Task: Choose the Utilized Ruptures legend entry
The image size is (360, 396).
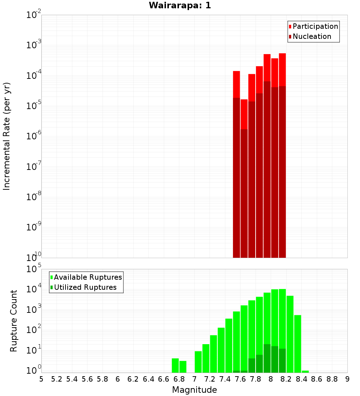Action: pyautogui.click(x=85, y=287)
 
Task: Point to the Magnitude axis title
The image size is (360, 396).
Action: pyautogui.click(x=194, y=390)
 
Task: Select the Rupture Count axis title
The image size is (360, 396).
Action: pyautogui.click(x=14, y=321)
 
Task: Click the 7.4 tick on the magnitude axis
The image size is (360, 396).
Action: pyautogui.click(x=225, y=379)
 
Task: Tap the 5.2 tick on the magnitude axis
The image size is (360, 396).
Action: pyautogui.click(x=57, y=379)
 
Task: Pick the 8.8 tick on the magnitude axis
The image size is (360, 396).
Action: pyautogui.click(x=332, y=379)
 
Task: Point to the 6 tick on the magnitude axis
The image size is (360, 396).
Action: pyautogui.click(x=118, y=379)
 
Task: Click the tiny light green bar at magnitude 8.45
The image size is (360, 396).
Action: pyautogui.click(x=305, y=372)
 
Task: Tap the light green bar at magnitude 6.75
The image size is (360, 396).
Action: pyautogui.click(x=175, y=365)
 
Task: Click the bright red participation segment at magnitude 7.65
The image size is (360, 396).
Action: pyautogui.click(x=244, y=114)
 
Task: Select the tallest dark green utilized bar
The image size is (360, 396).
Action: pyautogui.click(x=267, y=358)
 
